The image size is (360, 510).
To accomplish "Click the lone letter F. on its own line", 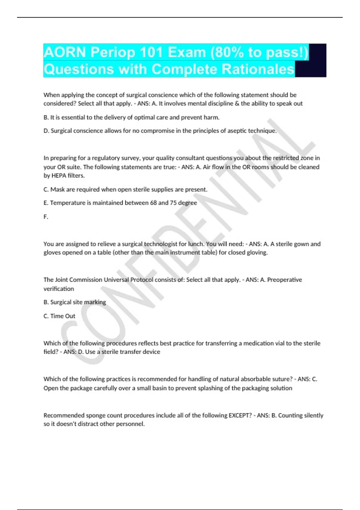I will (46, 217).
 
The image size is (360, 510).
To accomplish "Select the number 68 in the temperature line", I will (153, 203).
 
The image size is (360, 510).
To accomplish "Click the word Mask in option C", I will (57, 189).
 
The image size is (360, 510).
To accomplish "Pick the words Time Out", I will (63, 316).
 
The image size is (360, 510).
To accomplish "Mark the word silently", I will (313, 415).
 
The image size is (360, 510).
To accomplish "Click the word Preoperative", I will (284, 280).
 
